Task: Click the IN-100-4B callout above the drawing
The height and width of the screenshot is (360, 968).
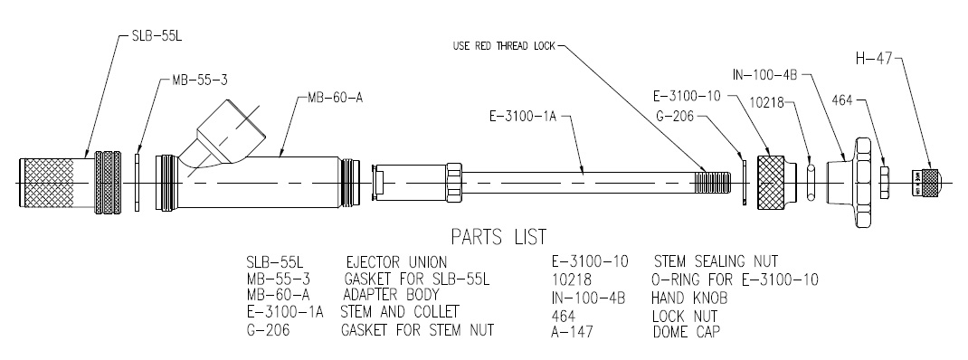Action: (764, 73)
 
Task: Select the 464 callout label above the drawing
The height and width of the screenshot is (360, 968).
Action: (841, 99)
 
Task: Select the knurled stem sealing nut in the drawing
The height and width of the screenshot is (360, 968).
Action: (774, 181)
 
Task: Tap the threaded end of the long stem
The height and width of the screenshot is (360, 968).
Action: (715, 181)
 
